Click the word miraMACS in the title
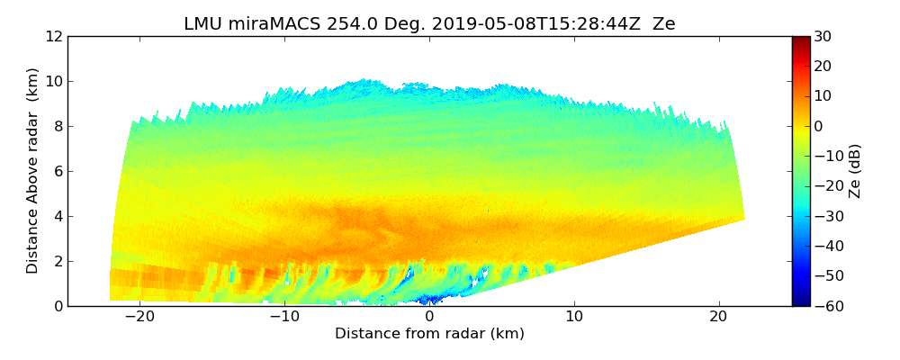pos(268,24)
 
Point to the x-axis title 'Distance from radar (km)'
pos(429,334)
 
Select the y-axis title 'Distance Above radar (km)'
pos(33,170)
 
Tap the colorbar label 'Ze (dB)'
pos(855,170)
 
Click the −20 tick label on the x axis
pos(139,317)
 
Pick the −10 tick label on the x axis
pos(284,317)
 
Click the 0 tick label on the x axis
pos(429,317)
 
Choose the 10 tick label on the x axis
pos(574,317)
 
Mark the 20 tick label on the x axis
pos(719,317)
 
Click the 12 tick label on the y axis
pos(53,37)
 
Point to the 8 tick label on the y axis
pos(58,127)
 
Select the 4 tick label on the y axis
pos(58,217)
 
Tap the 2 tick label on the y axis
pos(58,262)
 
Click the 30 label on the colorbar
pos(823,37)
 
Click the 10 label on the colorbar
pos(823,96)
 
